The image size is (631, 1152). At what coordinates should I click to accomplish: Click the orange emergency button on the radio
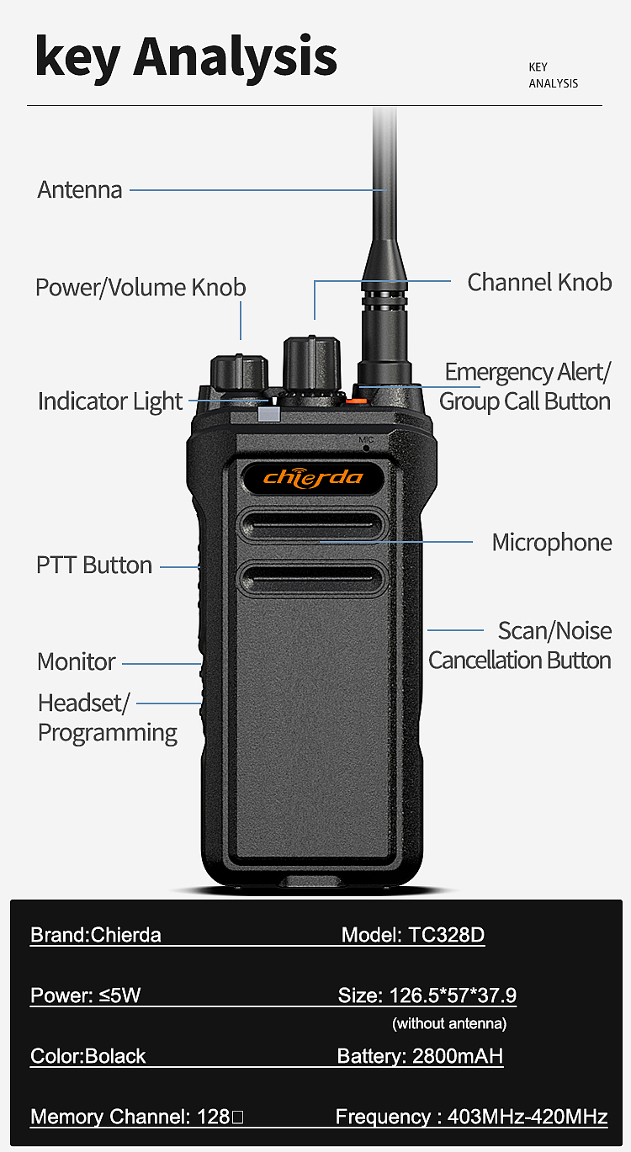tap(356, 400)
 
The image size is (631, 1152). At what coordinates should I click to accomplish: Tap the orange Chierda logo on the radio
tap(313, 478)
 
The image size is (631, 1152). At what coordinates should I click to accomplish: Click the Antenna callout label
tap(80, 190)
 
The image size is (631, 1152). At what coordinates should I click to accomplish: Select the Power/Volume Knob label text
tap(141, 287)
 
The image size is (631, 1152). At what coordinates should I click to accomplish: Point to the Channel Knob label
tap(539, 282)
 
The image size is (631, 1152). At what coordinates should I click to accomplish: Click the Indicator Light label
tap(110, 401)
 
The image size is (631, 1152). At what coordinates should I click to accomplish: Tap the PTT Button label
tap(94, 565)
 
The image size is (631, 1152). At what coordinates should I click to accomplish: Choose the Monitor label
tap(76, 662)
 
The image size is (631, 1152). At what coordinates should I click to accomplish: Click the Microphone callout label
tap(552, 542)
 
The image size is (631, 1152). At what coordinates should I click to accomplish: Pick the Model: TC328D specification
tap(413, 934)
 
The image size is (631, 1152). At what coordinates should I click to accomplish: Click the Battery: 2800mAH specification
tap(420, 1056)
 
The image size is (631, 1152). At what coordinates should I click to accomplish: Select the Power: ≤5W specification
tap(85, 995)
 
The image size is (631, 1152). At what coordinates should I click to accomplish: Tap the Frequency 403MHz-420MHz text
tap(472, 1117)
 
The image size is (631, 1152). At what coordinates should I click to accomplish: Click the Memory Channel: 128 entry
tap(137, 1117)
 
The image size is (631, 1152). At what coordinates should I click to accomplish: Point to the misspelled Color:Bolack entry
tap(88, 1056)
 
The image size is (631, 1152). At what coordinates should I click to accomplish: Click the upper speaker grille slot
tap(311, 525)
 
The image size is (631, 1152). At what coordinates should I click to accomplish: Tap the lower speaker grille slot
tap(311, 578)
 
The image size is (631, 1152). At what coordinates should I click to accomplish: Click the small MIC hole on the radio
tap(366, 448)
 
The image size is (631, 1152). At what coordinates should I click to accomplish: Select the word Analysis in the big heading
tap(235, 57)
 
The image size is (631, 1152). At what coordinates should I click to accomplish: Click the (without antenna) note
tap(449, 1023)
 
